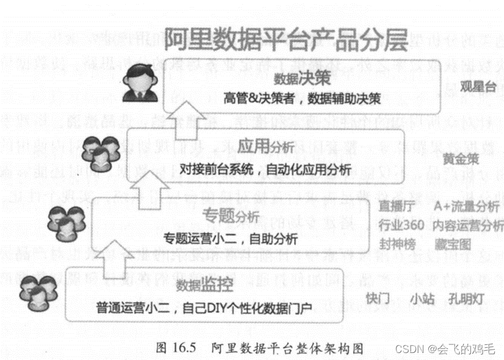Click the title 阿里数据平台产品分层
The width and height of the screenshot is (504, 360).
[286, 40]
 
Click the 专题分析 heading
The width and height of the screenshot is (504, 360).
[230, 216]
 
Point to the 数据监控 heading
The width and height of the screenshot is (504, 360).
[203, 285]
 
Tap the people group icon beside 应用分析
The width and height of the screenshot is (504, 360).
[99, 153]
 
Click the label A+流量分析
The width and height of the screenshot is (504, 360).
[466, 207]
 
